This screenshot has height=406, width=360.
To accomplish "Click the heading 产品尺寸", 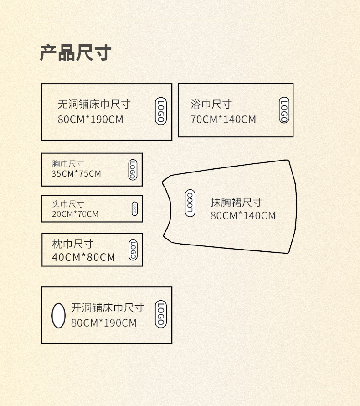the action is click(x=76, y=53).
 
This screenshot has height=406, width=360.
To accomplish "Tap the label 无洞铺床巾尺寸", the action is click(x=94, y=104).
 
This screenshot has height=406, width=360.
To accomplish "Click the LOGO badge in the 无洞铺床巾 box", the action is click(x=160, y=111).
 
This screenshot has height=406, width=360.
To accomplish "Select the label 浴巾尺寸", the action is click(x=211, y=104).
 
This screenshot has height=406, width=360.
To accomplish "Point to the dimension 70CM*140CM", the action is click(x=223, y=120).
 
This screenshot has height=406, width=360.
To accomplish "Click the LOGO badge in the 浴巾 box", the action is click(x=284, y=110).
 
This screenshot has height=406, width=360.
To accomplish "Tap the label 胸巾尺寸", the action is click(x=68, y=163).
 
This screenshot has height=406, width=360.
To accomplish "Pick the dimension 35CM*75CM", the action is click(x=76, y=174).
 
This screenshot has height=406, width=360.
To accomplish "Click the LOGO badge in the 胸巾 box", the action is click(x=133, y=170).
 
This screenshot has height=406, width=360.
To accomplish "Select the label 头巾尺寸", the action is click(x=68, y=204).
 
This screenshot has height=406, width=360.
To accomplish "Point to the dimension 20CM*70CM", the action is click(x=75, y=213).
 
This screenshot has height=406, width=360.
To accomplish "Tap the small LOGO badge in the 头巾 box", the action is click(x=134, y=208).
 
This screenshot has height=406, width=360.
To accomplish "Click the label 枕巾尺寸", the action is click(x=72, y=245).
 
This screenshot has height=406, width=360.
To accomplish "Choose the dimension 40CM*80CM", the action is click(x=83, y=257).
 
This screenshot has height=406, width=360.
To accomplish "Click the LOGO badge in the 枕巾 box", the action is click(x=133, y=250).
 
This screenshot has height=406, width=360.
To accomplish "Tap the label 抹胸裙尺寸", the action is click(x=236, y=202).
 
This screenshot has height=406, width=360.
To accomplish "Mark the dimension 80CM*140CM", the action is click(x=243, y=215).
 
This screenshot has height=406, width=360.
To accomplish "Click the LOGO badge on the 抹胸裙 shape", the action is click(x=190, y=203).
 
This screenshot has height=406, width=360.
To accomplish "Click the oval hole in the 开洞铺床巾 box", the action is click(x=58, y=315).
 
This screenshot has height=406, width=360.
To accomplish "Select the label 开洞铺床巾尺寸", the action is click(x=108, y=308).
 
